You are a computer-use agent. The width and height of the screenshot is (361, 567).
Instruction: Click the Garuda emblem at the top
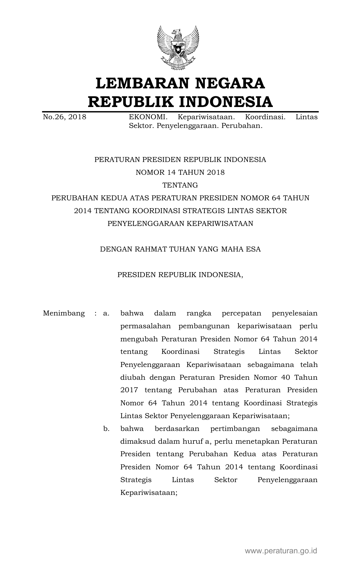pos(178,48)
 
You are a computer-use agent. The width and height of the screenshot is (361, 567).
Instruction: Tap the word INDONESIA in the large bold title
pos(225,101)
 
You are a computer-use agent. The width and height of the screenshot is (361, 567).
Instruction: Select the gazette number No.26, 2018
pos(65,117)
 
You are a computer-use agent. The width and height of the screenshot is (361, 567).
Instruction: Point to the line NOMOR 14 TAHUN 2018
pos(180,172)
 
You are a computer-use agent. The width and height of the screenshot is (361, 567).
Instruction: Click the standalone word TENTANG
pos(180,185)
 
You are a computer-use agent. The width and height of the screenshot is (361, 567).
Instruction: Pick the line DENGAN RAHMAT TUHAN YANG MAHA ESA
pos(180,249)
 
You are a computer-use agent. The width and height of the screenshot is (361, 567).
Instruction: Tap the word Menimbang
pos(64,313)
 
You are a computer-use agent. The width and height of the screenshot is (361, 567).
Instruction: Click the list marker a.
pos(106,313)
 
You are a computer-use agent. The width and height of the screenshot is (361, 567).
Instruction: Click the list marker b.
pos(106,429)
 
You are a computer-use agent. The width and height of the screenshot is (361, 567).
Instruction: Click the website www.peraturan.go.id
pos(281,551)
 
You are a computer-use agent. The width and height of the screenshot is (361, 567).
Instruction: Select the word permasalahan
pos(145,326)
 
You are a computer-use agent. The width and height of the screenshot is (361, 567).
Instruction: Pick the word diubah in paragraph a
pos(133,377)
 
